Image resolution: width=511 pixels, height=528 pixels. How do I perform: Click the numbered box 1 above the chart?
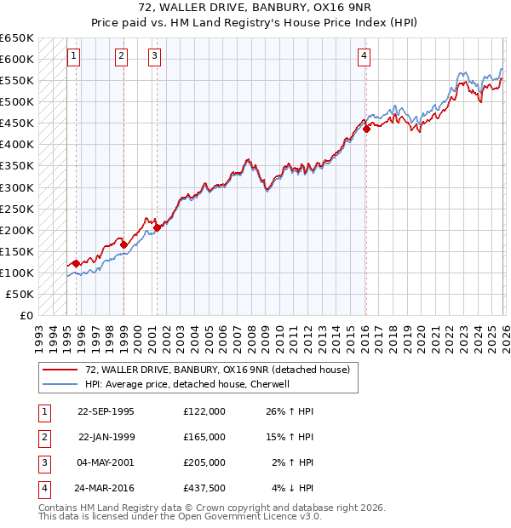[74, 57]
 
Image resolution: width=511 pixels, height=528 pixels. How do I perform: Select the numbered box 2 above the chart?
[122, 57]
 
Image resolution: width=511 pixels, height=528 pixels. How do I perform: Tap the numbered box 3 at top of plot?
[154, 57]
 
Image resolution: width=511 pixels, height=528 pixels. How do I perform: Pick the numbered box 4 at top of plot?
[364, 57]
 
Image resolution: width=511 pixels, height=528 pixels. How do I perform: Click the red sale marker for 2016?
[366, 129]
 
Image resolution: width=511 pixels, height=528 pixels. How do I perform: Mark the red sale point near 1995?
[76, 263]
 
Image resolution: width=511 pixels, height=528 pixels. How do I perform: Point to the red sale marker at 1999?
[123, 245]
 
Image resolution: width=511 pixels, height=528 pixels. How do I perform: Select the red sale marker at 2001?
[157, 227]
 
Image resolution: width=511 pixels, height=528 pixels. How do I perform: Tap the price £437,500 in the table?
[204, 488]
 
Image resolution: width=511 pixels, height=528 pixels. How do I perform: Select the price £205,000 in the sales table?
[204, 462]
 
